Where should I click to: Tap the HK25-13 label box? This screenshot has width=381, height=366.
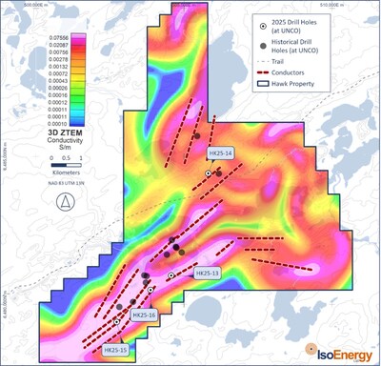(x=208, y=274)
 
